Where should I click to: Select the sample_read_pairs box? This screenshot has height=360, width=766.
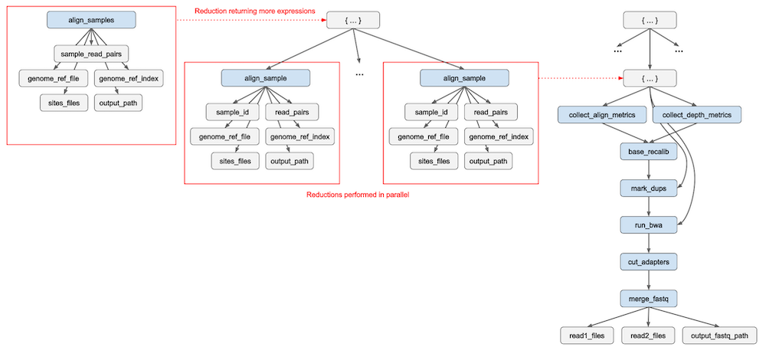click(91, 54)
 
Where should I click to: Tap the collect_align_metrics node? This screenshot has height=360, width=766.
click(602, 115)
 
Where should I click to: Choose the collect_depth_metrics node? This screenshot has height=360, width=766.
click(696, 115)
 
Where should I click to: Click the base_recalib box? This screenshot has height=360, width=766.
click(650, 152)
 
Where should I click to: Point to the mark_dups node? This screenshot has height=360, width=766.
click(650, 188)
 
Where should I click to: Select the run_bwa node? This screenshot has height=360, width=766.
click(650, 224)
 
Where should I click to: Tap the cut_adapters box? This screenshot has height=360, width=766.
click(650, 261)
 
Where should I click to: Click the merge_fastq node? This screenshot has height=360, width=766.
click(650, 297)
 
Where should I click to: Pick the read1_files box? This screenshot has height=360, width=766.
click(587, 335)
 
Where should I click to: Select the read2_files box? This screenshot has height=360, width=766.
click(650, 335)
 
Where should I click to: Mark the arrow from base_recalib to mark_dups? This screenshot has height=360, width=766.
click(650, 169)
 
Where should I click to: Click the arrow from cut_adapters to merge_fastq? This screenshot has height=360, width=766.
click(650, 280)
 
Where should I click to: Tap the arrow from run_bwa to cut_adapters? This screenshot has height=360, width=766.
click(650, 243)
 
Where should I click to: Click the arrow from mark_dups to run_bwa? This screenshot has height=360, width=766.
click(650, 206)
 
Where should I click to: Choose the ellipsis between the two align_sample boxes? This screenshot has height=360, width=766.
click(359, 74)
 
